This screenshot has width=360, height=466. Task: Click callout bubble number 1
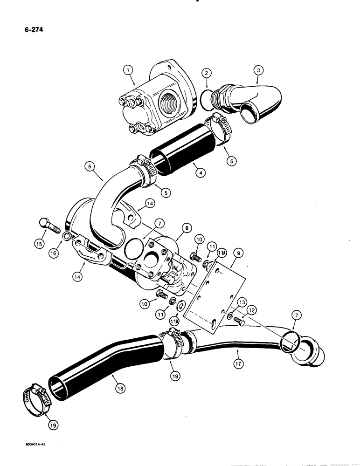(x=130, y=71)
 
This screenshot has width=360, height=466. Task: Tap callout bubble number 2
(x=208, y=73)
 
